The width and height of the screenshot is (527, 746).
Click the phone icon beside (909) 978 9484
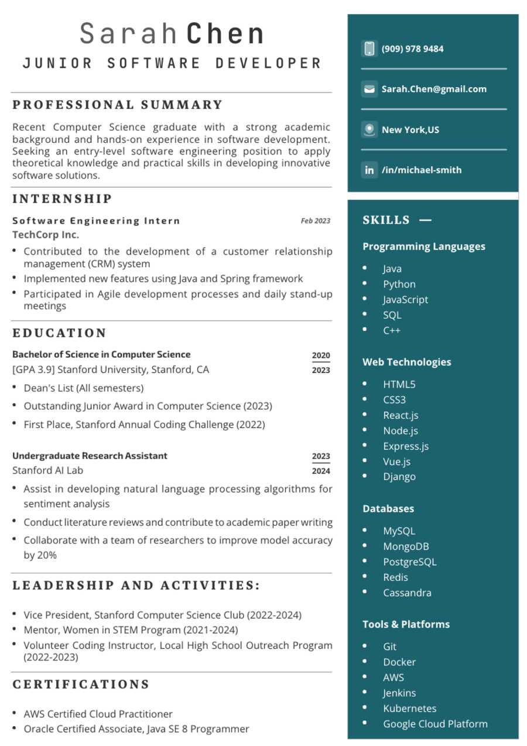click(x=369, y=49)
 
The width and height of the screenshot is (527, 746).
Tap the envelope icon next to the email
click(x=369, y=89)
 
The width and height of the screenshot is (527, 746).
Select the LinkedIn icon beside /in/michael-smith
click(x=369, y=170)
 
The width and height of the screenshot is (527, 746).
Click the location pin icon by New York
click(x=369, y=129)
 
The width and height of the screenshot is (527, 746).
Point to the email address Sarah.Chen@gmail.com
click(x=434, y=89)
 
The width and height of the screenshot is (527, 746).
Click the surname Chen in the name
click(x=225, y=34)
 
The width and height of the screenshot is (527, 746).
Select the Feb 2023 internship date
click(x=316, y=221)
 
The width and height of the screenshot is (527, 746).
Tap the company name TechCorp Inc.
click(x=46, y=235)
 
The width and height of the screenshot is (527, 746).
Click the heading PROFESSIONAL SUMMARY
click(x=118, y=105)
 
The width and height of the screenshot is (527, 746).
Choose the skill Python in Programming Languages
click(x=399, y=284)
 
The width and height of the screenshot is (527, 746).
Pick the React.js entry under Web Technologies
click(x=401, y=415)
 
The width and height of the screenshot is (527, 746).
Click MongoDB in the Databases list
click(x=406, y=546)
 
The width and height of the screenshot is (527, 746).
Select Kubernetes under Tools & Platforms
click(x=409, y=708)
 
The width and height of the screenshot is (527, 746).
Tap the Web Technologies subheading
click(x=407, y=362)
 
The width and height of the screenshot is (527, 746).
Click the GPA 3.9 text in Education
click(x=33, y=369)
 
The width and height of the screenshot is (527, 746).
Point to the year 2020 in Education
click(x=321, y=355)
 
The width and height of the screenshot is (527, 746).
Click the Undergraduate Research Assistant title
click(x=90, y=456)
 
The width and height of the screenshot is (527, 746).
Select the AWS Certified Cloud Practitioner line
click(x=98, y=714)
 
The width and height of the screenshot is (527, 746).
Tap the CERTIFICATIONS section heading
click(x=81, y=684)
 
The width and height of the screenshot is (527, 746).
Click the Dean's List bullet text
click(x=83, y=388)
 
